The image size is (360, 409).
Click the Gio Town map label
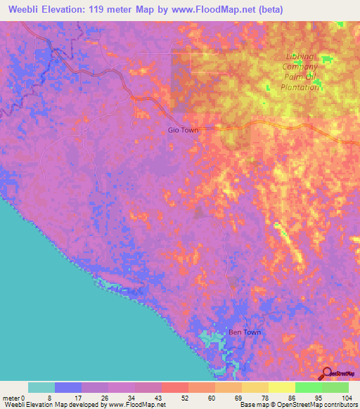[x=183, y=130]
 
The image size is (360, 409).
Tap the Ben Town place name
[x=245, y=332]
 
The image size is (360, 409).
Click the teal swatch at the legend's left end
[x=41, y=387]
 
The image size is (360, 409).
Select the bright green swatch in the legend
[x=309, y=387]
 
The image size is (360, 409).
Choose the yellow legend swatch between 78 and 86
[x=255, y=387]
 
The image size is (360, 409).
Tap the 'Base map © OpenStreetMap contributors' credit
[x=297, y=405]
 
